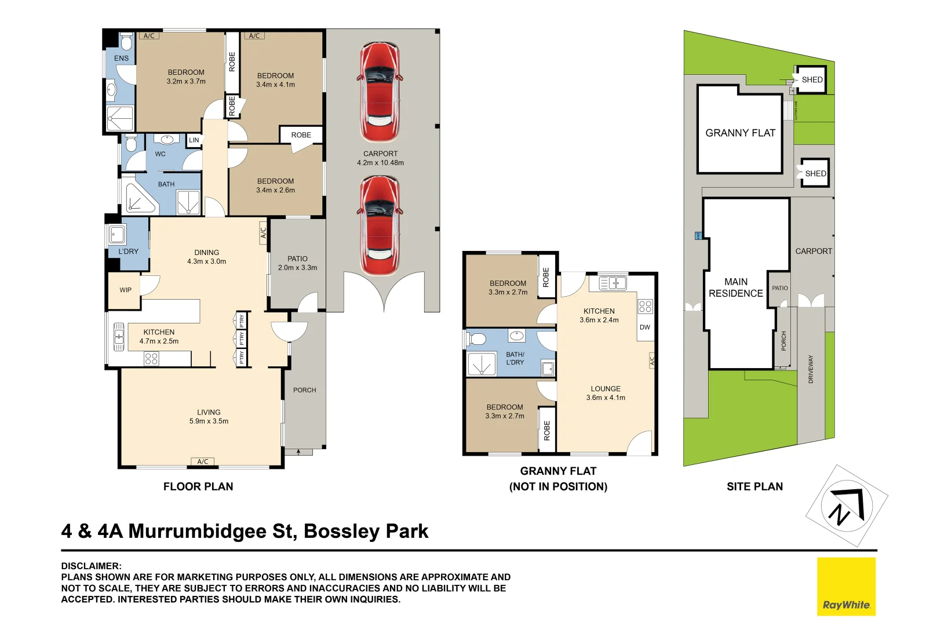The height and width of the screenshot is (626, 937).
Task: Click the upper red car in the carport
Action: tap(380, 92)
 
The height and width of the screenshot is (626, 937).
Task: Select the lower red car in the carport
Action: tap(380, 226)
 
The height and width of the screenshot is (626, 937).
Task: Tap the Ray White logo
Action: tap(846, 587)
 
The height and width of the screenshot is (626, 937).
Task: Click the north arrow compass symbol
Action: tap(847, 505)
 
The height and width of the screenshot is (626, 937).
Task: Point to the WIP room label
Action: tap(126, 290)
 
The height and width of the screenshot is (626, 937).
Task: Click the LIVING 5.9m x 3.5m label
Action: tap(209, 417)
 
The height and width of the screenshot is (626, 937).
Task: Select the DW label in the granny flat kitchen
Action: tap(645, 327)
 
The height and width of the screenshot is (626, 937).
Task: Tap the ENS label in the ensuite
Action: tap(121, 58)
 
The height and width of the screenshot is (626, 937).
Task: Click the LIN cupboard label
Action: tap(194, 140)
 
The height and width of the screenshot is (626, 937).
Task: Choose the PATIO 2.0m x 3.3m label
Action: tap(297, 263)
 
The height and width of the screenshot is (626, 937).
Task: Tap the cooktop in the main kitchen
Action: tap(151, 359)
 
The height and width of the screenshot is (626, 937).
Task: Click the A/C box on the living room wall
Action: tap(203, 461)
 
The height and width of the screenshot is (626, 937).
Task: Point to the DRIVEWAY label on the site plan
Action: tap(811, 369)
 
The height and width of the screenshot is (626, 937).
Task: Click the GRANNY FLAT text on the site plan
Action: tap(740, 133)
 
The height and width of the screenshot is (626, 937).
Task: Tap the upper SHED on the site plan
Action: tap(811, 80)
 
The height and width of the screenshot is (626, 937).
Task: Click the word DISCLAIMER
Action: tap(92, 566)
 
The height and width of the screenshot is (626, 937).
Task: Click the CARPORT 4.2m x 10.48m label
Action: tap(380, 158)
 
